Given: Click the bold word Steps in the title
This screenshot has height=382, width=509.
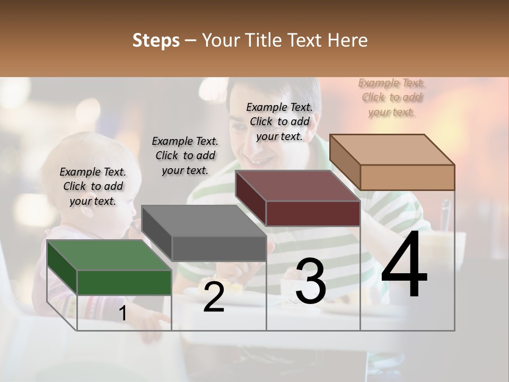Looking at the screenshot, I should [156, 40].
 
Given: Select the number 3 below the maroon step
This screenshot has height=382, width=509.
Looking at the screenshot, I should [310, 282].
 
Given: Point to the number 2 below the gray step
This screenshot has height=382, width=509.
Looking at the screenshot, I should [214, 297].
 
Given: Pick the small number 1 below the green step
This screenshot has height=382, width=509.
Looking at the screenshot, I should [122, 314].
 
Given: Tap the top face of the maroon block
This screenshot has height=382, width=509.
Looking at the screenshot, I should [297, 186].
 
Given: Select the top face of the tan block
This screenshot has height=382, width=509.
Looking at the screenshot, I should [392, 150].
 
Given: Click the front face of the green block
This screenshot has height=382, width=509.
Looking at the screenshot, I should [124, 282].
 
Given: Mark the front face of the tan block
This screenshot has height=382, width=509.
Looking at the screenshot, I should [407, 177].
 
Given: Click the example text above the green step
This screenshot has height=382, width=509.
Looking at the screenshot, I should [93, 186].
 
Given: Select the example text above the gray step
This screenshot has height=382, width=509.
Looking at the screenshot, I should [185, 155].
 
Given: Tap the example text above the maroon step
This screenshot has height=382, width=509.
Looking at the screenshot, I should [279, 121].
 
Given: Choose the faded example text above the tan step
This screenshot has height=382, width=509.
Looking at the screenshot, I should [392, 98].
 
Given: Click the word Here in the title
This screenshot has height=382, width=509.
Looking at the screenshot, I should [348, 40].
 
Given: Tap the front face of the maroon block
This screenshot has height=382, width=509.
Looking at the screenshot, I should [313, 213].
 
